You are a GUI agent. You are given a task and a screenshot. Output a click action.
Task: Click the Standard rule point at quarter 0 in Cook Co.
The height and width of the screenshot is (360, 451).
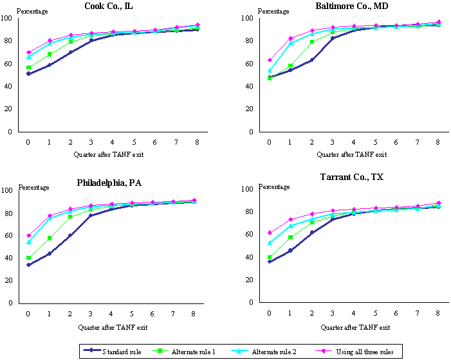pyautogui.click(x=28, y=74)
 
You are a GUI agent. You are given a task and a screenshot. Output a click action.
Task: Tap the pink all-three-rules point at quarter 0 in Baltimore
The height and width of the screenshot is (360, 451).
pyautogui.click(x=269, y=60)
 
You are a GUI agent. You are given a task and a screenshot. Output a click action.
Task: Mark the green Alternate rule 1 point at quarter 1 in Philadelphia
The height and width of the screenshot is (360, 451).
pyautogui.click(x=50, y=239)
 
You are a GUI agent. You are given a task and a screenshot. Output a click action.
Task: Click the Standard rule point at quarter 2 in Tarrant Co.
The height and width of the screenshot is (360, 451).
pyautogui.click(x=312, y=233)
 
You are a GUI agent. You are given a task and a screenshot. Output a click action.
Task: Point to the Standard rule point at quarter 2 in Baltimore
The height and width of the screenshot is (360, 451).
pyautogui.click(x=312, y=60)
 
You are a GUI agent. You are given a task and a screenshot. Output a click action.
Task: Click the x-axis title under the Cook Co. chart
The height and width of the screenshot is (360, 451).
pyautogui.click(x=112, y=154)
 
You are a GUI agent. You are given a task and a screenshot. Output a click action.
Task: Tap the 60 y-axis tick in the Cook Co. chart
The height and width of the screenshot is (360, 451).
pyautogui.click(x=8, y=64)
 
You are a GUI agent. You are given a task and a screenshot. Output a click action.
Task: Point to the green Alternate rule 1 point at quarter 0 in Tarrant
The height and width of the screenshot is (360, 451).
pyautogui.click(x=269, y=258)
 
